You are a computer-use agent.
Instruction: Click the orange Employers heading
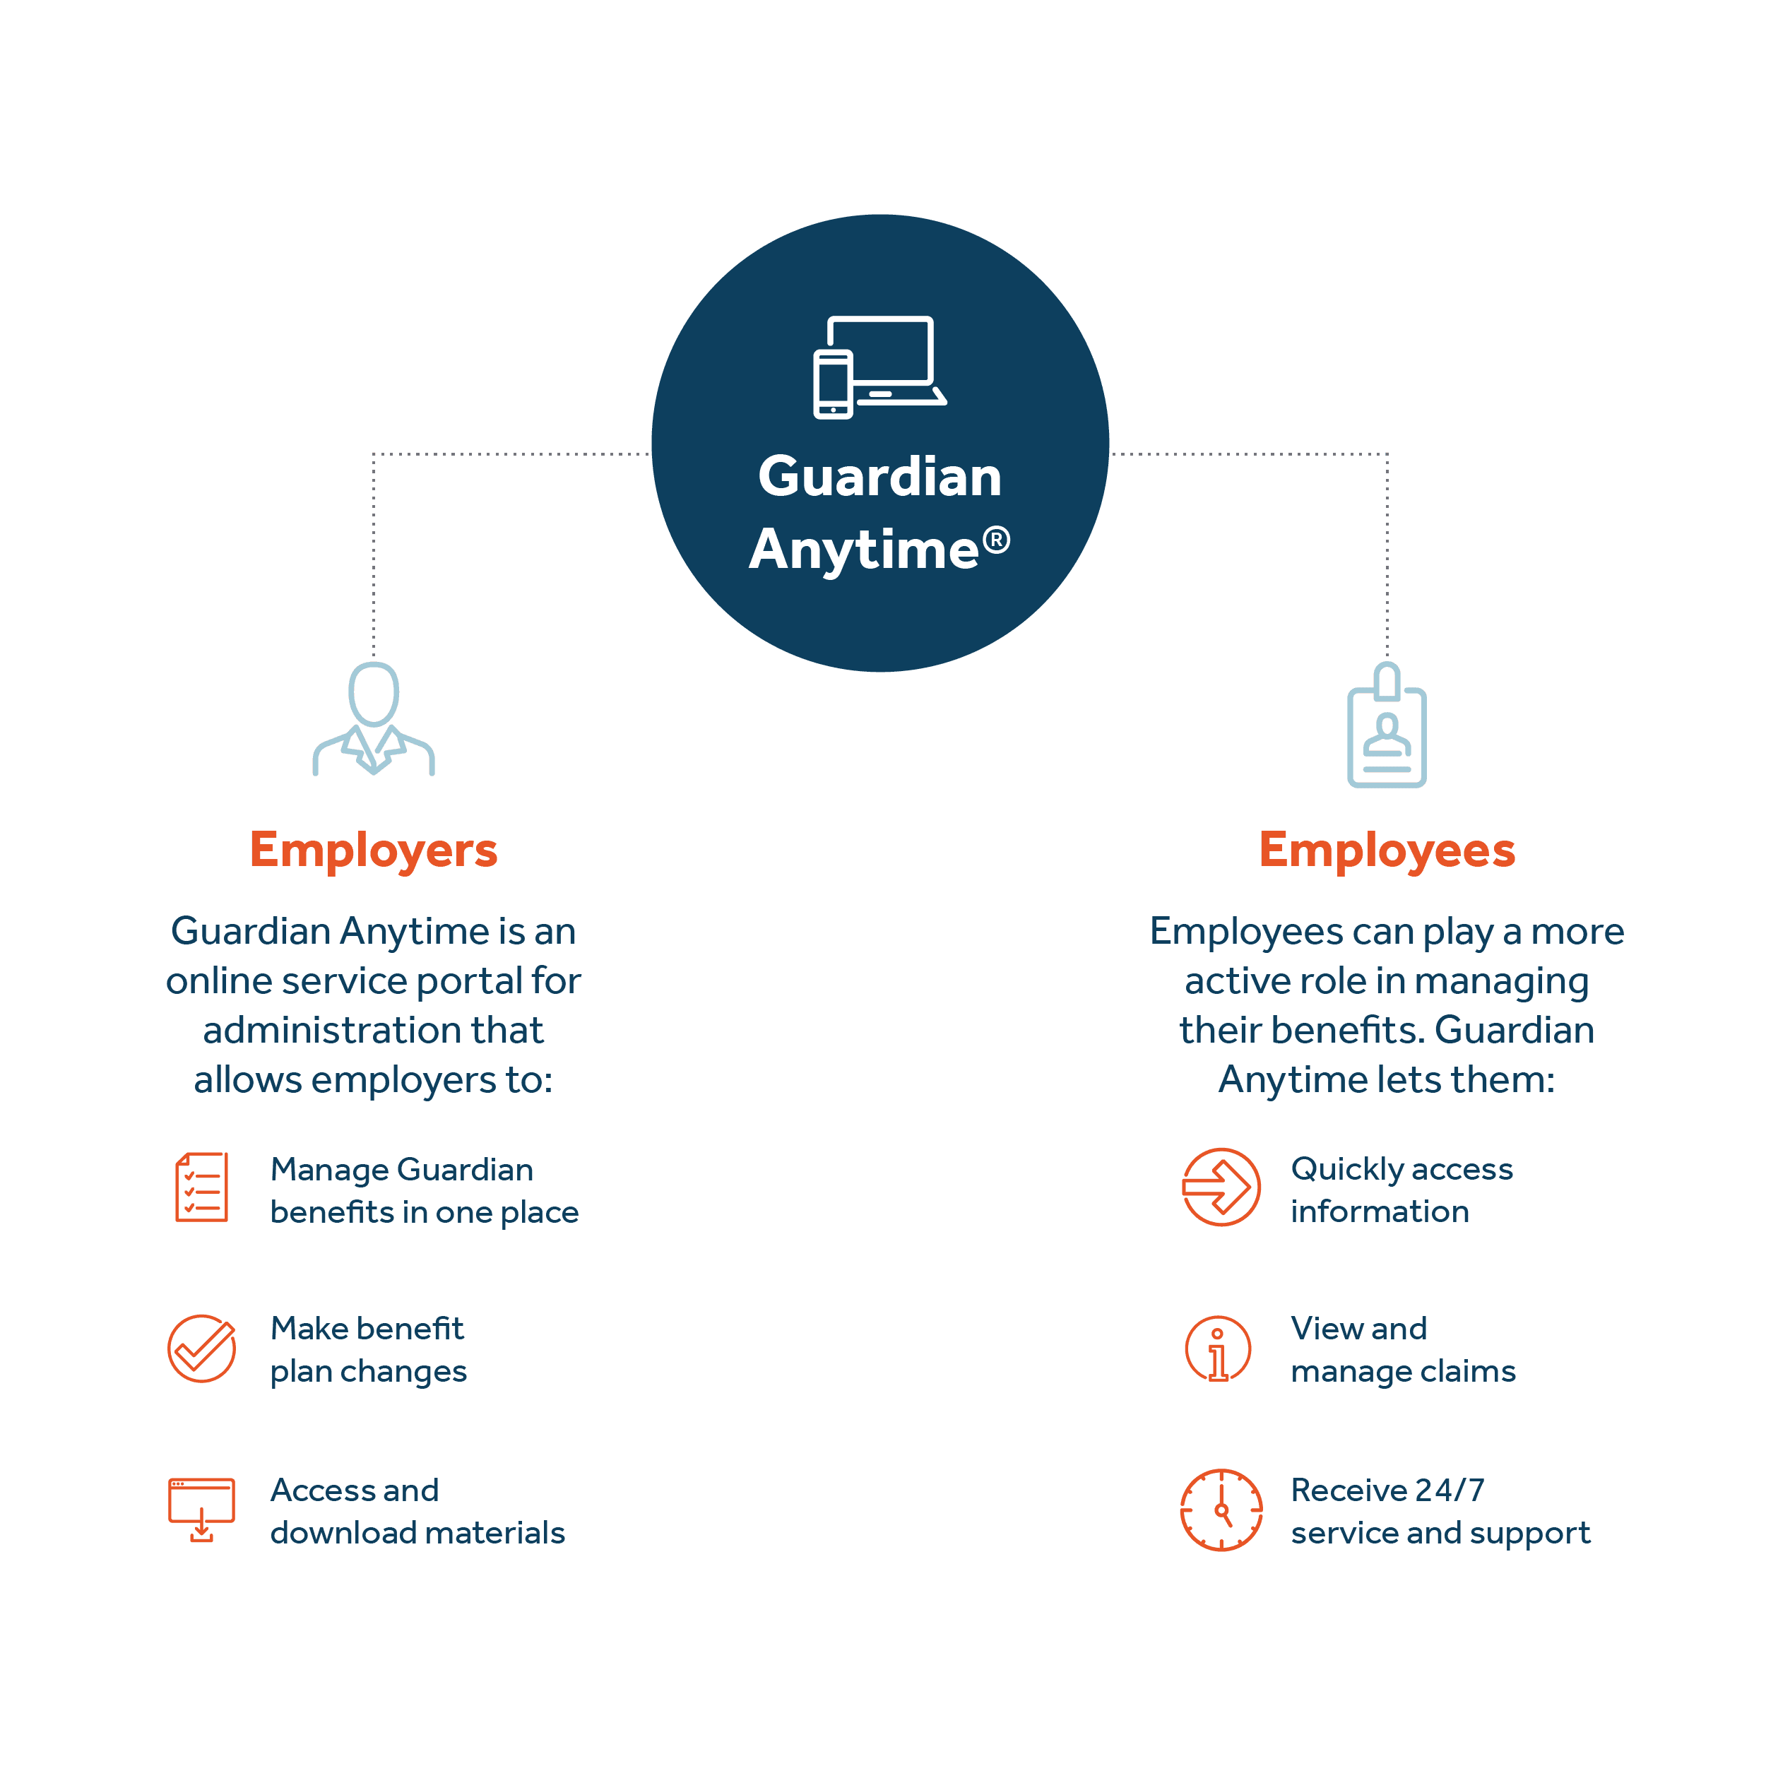tap(374, 850)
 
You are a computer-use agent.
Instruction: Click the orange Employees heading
tap(1387, 850)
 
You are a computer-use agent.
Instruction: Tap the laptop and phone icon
tap(879, 367)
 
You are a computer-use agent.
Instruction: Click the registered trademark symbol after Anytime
tap(996, 540)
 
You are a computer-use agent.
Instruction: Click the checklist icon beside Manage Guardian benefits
tap(202, 1187)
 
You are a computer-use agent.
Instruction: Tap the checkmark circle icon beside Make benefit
tap(202, 1349)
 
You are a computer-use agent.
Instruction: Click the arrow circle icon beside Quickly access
tap(1221, 1187)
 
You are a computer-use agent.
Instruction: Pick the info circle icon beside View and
tap(1218, 1349)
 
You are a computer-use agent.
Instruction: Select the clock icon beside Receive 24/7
tap(1221, 1510)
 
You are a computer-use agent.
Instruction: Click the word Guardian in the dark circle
tap(879, 477)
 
